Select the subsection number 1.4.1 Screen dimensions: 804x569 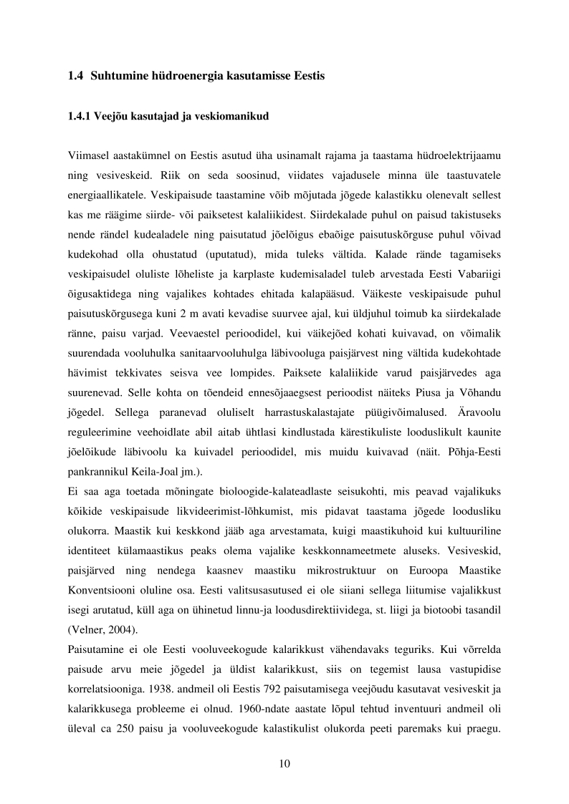(x=80, y=117)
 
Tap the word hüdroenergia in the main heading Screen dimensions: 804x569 (x=186, y=76)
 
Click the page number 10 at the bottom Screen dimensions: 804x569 (x=284, y=764)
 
